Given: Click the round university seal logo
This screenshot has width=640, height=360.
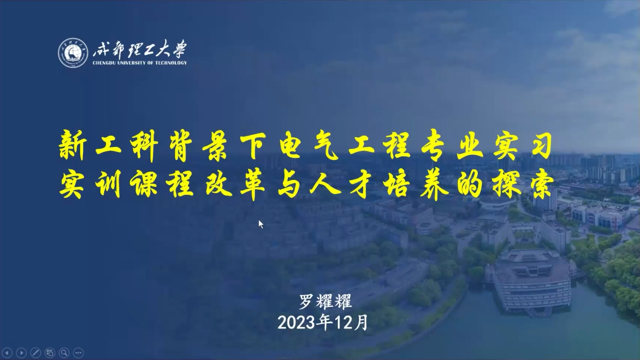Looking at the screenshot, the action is pos(73,53).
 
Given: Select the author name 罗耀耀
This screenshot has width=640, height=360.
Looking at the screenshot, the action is pos(325,302).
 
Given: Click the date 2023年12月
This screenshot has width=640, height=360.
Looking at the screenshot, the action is pos(323,323).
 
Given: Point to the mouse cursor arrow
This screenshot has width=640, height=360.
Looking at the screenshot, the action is pos(260,224).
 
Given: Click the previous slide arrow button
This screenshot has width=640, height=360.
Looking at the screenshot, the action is pos(7,353).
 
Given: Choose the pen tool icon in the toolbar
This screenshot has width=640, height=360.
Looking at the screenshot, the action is pos(36,353).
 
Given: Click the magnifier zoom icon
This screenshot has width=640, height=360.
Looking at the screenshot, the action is pos(64,353).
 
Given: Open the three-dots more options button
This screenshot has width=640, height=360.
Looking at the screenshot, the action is pos(79,353).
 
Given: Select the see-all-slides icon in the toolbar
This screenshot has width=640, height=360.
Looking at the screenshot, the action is pos(50,353).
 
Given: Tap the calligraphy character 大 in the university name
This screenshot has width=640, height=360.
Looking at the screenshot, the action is pos(163,49).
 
